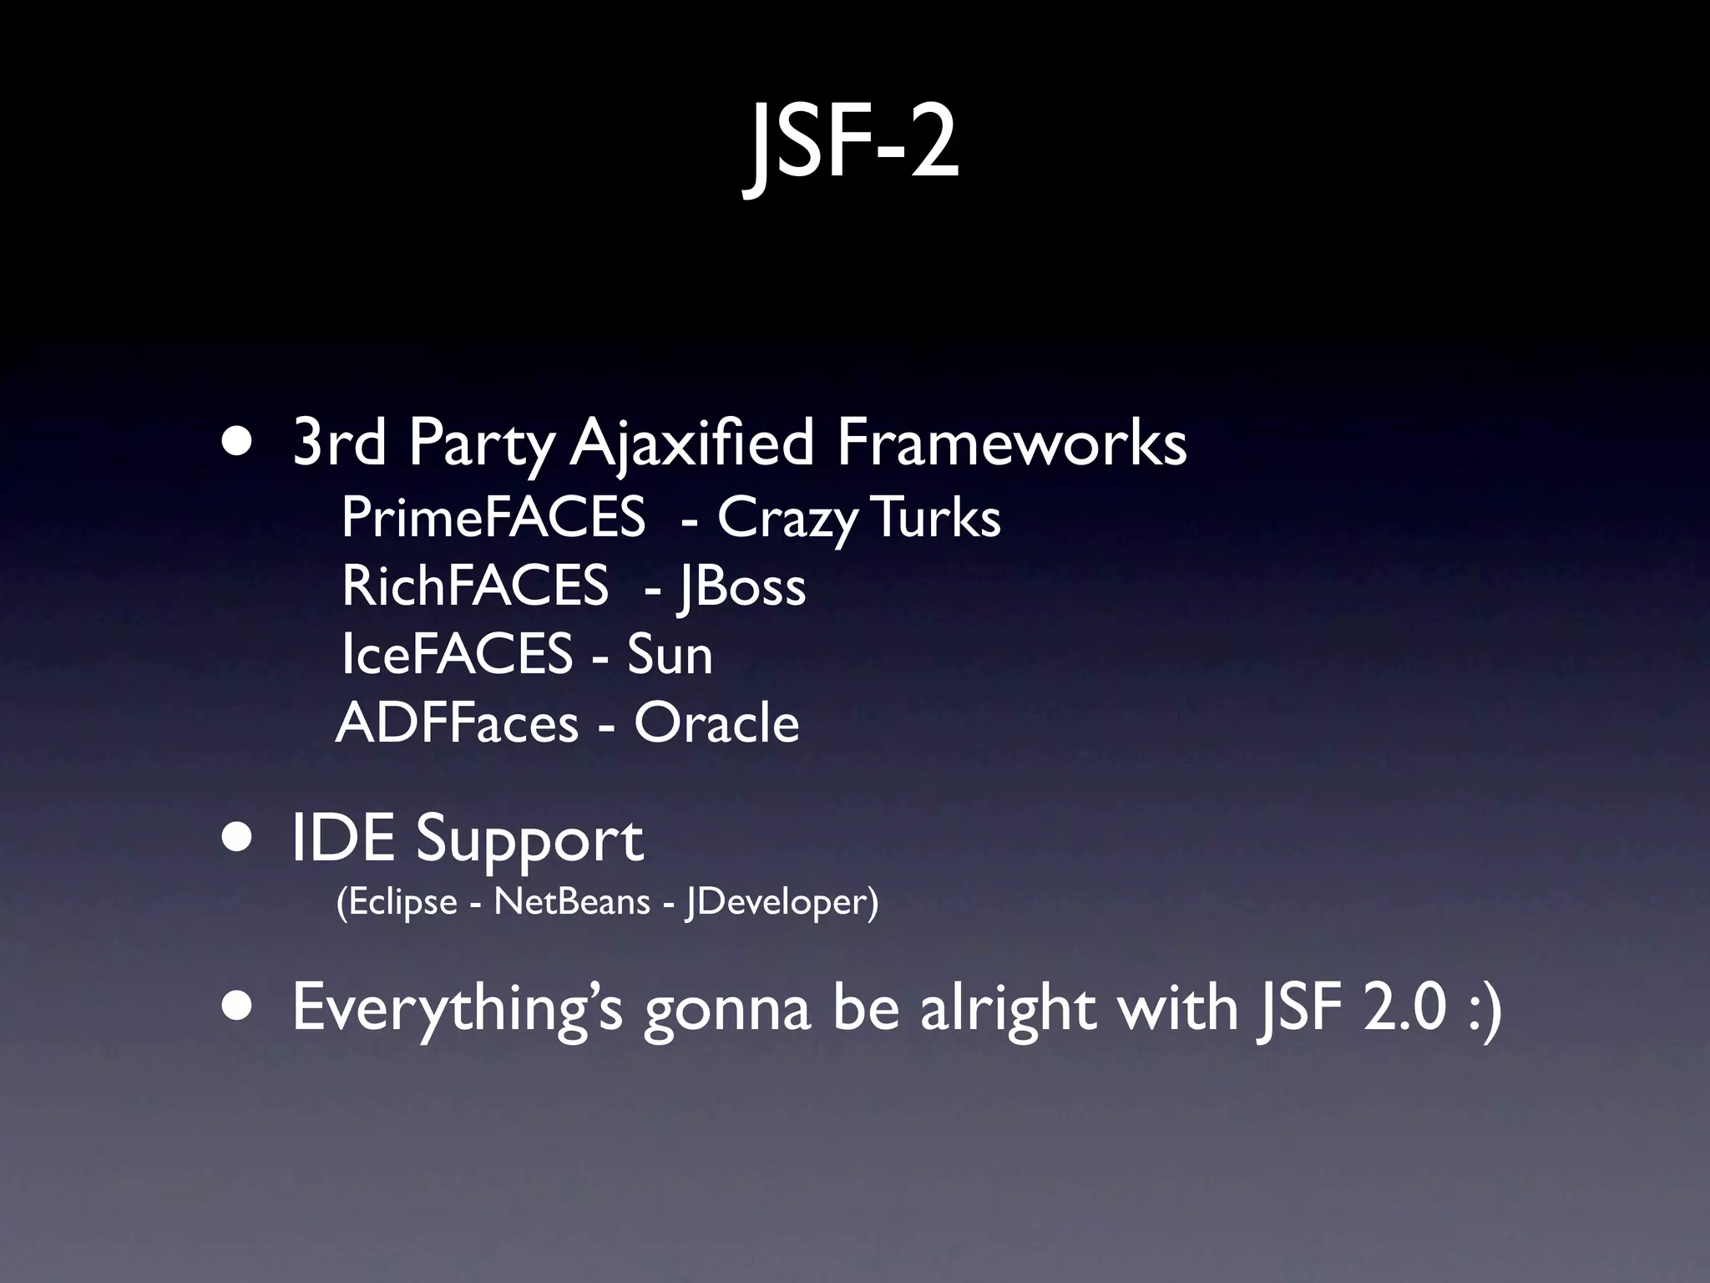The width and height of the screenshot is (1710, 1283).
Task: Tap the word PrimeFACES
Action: tap(493, 517)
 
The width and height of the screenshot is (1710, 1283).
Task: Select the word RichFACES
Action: tap(474, 586)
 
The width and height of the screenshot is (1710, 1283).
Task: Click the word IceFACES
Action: tap(457, 654)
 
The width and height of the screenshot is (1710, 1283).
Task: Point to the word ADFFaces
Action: tap(457, 723)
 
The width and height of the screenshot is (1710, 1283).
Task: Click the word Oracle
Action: tap(716, 723)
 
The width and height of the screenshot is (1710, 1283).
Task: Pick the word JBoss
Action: tap(741, 586)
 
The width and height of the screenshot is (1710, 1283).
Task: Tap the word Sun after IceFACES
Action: tap(670, 654)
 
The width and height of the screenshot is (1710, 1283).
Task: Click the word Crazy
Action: tap(787, 519)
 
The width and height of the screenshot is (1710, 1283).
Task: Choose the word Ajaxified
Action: tap(692, 444)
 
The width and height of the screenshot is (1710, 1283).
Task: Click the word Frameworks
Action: tap(1011, 442)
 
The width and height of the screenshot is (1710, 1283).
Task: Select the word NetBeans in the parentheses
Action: tap(571, 902)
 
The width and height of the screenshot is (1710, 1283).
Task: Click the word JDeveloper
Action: tap(782, 902)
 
